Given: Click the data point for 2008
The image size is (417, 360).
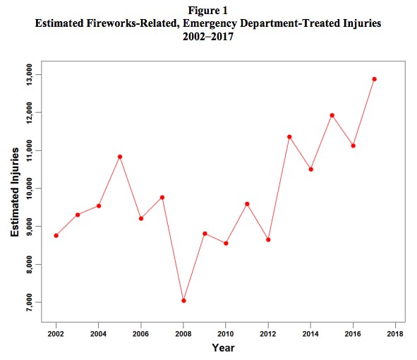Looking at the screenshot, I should click(x=183, y=301).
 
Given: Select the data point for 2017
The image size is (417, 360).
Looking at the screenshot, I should click(x=374, y=79).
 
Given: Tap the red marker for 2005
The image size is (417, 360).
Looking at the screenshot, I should click(x=120, y=157).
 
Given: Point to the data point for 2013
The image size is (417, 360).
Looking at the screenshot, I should click(x=289, y=137).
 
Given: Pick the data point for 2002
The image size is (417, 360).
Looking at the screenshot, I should click(x=56, y=235).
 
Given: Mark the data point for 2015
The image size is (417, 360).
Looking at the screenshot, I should click(x=332, y=115).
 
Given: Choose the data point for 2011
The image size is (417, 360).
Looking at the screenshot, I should click(x=247, y=204).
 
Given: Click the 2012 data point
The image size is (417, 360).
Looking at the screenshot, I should click(x=268, y=240).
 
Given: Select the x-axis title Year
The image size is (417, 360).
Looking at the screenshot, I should click(x=224, y=348).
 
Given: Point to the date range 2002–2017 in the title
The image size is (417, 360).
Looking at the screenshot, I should click(x=208, y=37).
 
